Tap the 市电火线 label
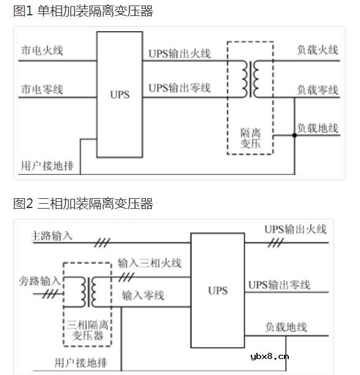tap(42, 50)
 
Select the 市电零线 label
tap(42, 90)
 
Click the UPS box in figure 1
tap(120, 95)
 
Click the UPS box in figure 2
tap(218, 290)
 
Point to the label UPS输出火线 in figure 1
tap(179, 53)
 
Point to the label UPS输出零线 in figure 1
tap(179, 88)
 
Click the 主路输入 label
tap(52, 235)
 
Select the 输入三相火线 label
tap(150, 263)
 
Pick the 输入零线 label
tap(143, 296)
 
